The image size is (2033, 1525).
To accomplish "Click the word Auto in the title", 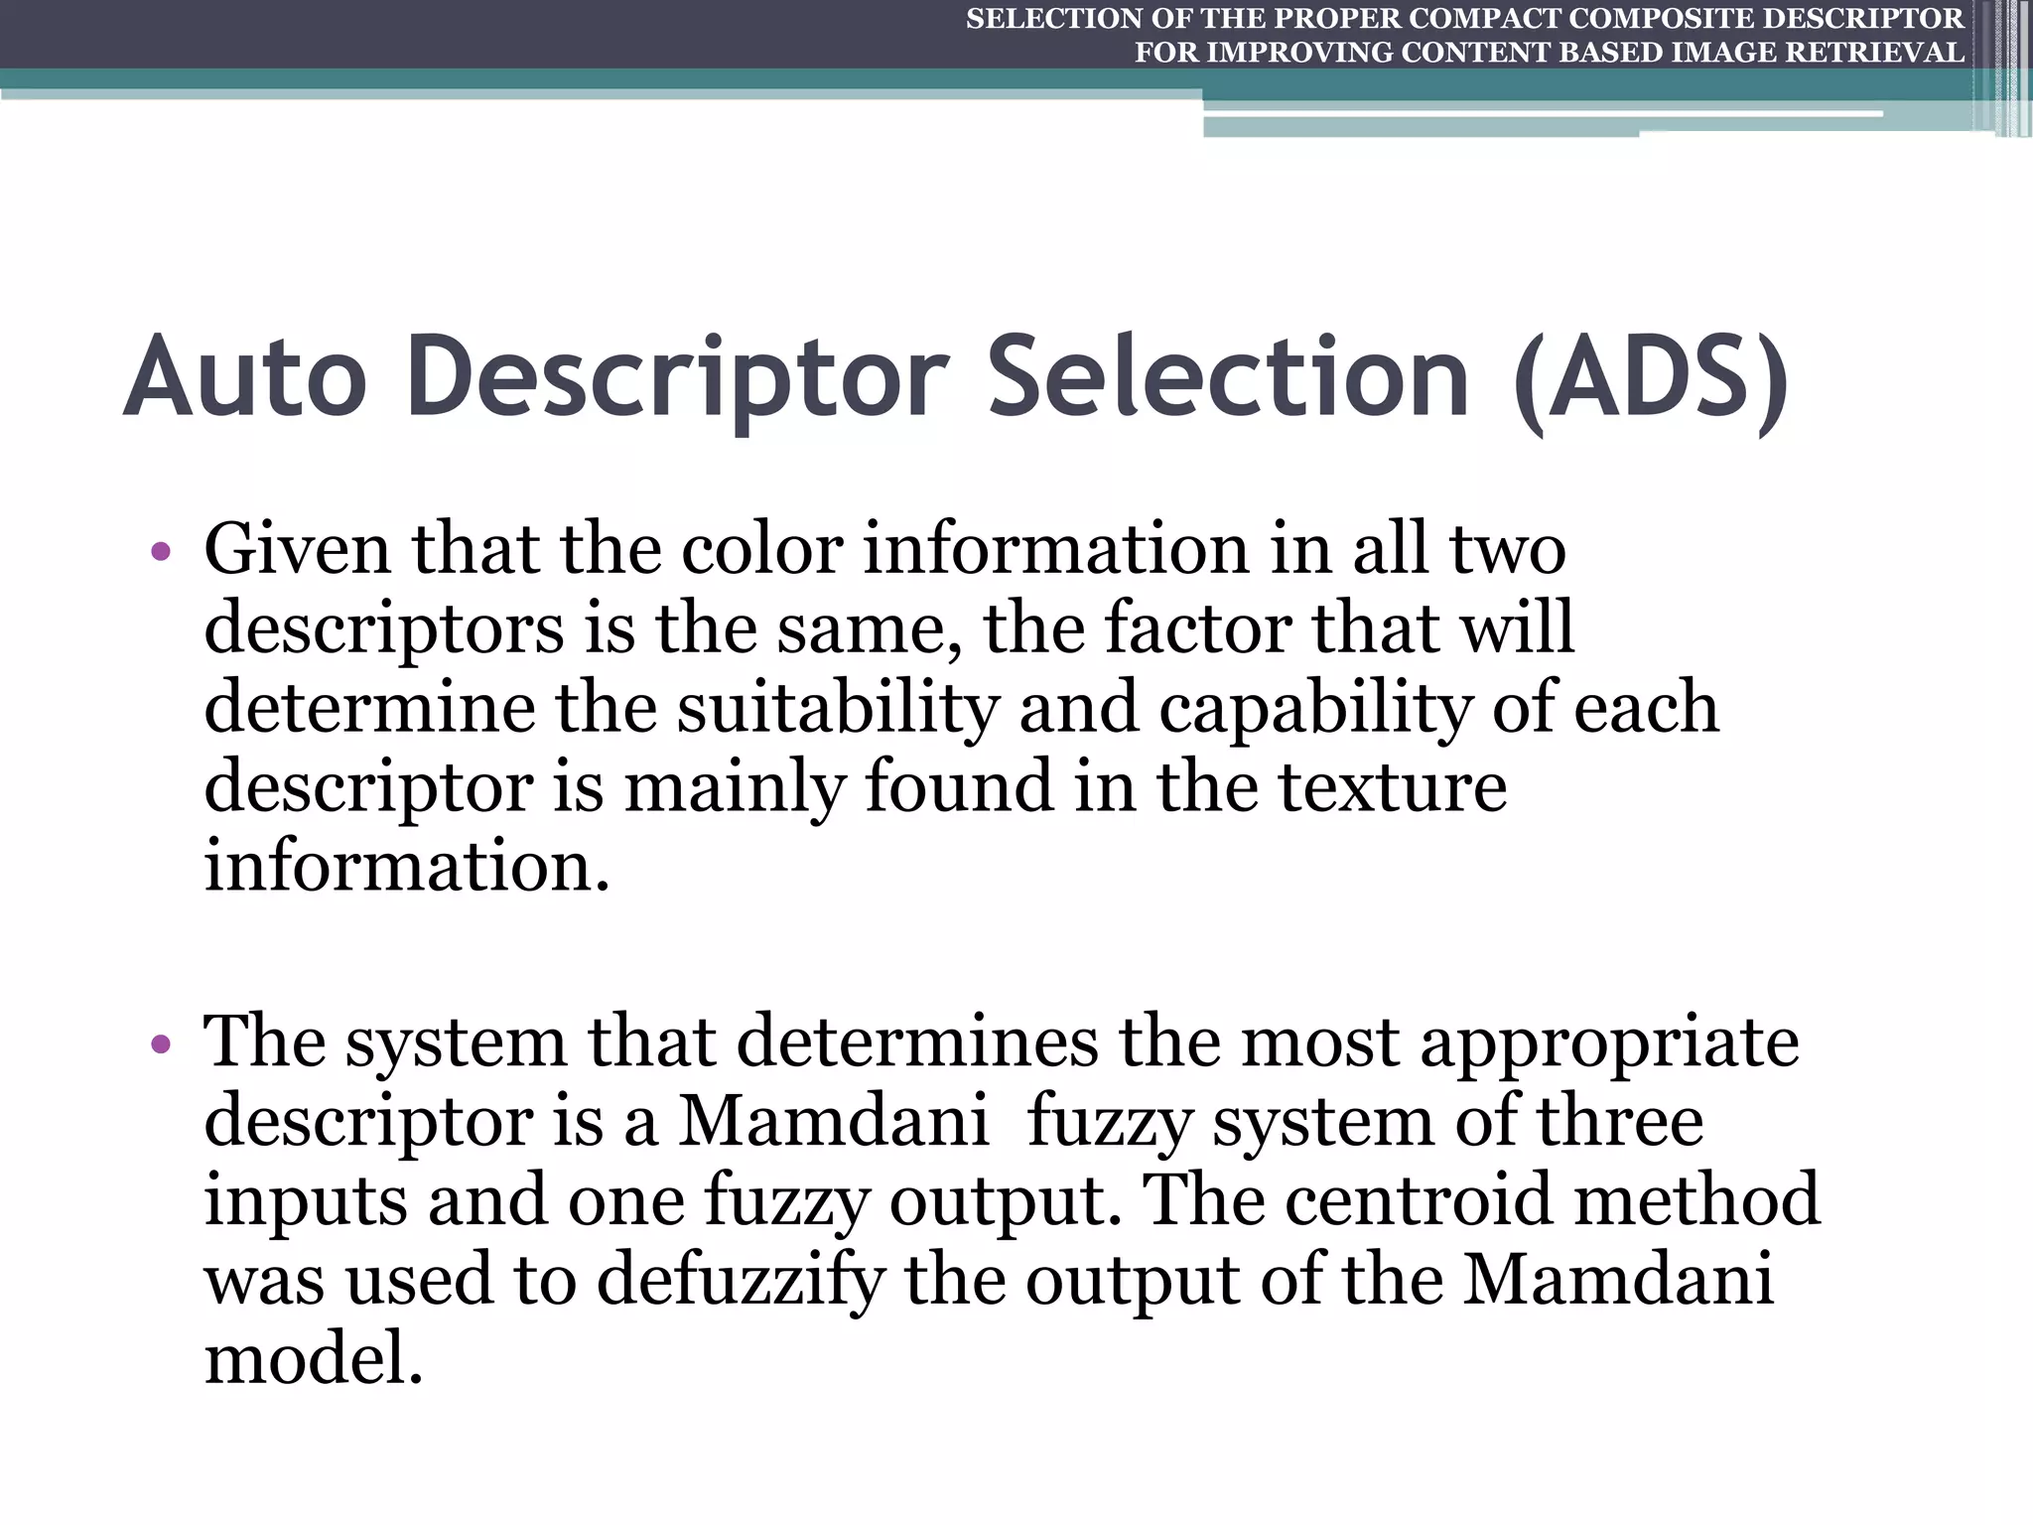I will tap(245, 378).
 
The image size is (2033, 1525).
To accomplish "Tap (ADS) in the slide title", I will tap(1652, 380).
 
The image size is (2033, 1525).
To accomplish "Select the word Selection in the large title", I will tap(1229, 378).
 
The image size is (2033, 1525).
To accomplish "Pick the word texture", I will tap(1392, 787).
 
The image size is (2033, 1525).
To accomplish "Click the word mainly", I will tap(733, 787).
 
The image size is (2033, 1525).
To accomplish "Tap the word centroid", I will tap(1419, 1200).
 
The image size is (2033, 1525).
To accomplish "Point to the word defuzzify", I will tap(740, 1281).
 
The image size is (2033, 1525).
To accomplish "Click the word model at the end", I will tap(313, 1359).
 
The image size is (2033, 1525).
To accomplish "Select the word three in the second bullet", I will tap(1620, 1122).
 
